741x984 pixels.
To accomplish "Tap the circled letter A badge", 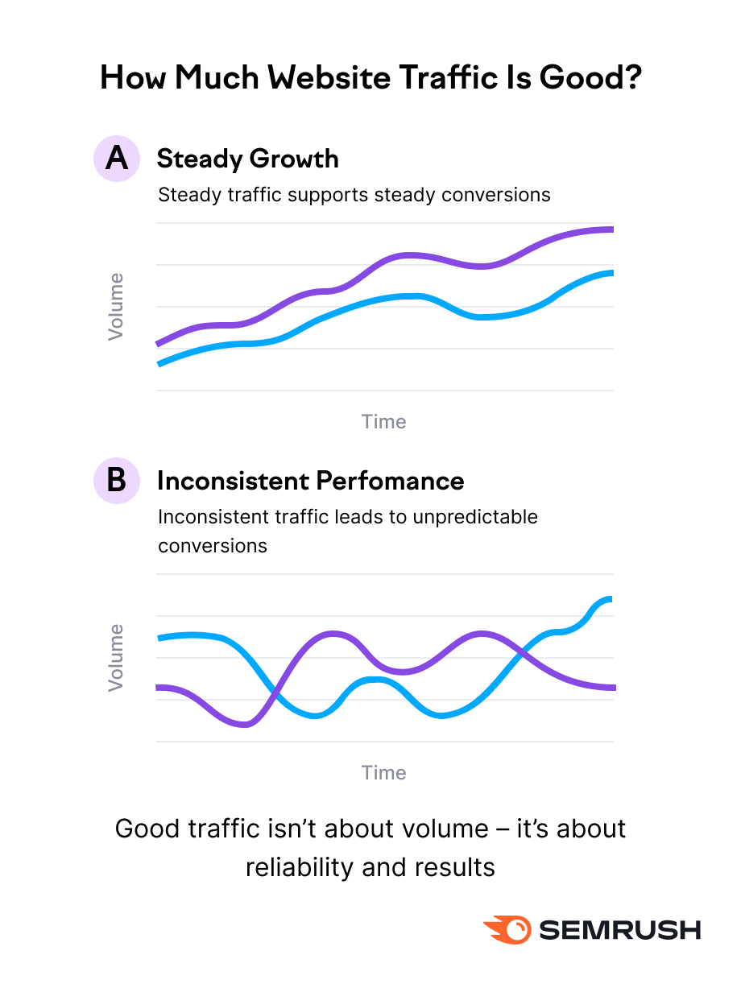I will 117,159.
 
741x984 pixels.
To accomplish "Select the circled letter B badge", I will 117,481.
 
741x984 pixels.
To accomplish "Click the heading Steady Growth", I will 247,159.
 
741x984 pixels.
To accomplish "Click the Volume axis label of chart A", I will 117,307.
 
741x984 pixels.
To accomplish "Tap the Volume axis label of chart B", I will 117,657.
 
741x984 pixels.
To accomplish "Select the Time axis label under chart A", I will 384,422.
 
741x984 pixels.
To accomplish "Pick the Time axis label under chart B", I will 384,773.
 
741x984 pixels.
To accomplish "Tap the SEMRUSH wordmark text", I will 620,930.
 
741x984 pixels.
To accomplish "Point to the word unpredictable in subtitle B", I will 475,516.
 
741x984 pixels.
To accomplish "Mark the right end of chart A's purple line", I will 611,229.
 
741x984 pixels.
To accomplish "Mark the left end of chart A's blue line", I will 159,364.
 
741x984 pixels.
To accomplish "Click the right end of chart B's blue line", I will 611,598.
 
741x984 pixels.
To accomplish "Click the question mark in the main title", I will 631,77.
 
